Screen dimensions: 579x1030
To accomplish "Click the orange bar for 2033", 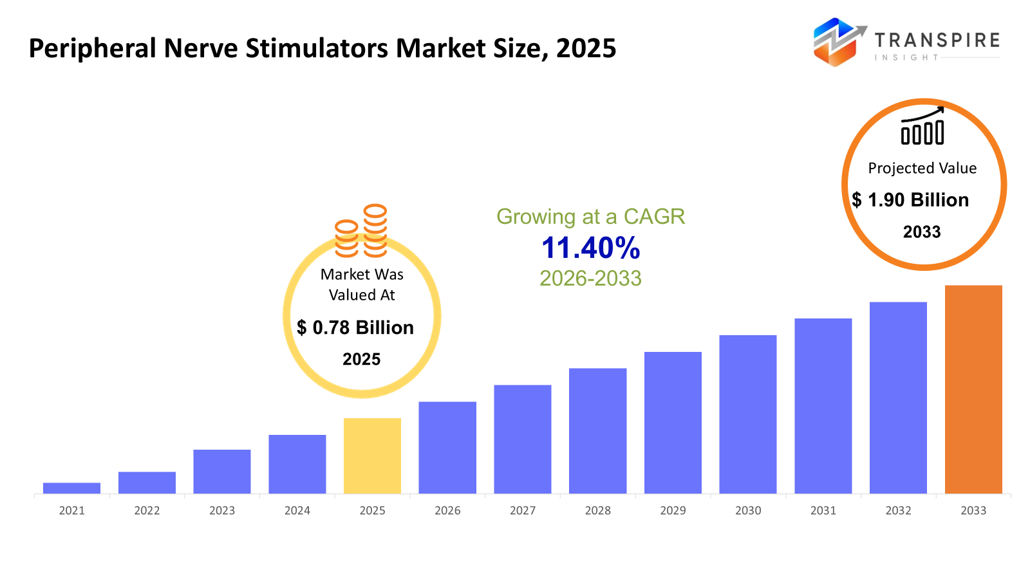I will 973,389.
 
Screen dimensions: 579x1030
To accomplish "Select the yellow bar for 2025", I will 372,456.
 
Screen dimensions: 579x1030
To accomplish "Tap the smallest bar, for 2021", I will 71,488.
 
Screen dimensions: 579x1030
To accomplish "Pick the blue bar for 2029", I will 673,423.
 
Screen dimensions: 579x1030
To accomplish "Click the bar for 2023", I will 222,472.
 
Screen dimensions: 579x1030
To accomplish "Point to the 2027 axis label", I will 522,511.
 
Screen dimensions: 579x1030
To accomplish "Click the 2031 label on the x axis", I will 823,511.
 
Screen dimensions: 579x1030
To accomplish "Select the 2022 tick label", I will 147,511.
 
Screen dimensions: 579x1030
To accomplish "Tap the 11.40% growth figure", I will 590,248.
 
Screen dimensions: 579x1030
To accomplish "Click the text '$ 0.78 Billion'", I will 355,327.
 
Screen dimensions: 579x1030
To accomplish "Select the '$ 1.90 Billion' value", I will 910,200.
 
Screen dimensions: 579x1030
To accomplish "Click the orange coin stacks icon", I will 361,231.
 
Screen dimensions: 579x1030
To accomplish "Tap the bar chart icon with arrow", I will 922,126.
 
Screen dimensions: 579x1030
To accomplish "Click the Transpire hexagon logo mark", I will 836,42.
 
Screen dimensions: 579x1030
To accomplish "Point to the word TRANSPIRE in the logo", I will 937,41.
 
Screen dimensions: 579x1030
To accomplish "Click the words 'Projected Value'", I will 922,169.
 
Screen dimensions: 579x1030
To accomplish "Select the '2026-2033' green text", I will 590,278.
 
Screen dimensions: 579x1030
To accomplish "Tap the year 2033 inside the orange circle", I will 922,232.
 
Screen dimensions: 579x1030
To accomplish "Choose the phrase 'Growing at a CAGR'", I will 590,217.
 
